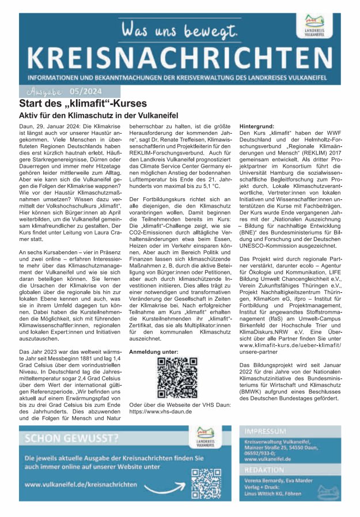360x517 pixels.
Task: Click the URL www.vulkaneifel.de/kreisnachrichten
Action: [x=85, y=485]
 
